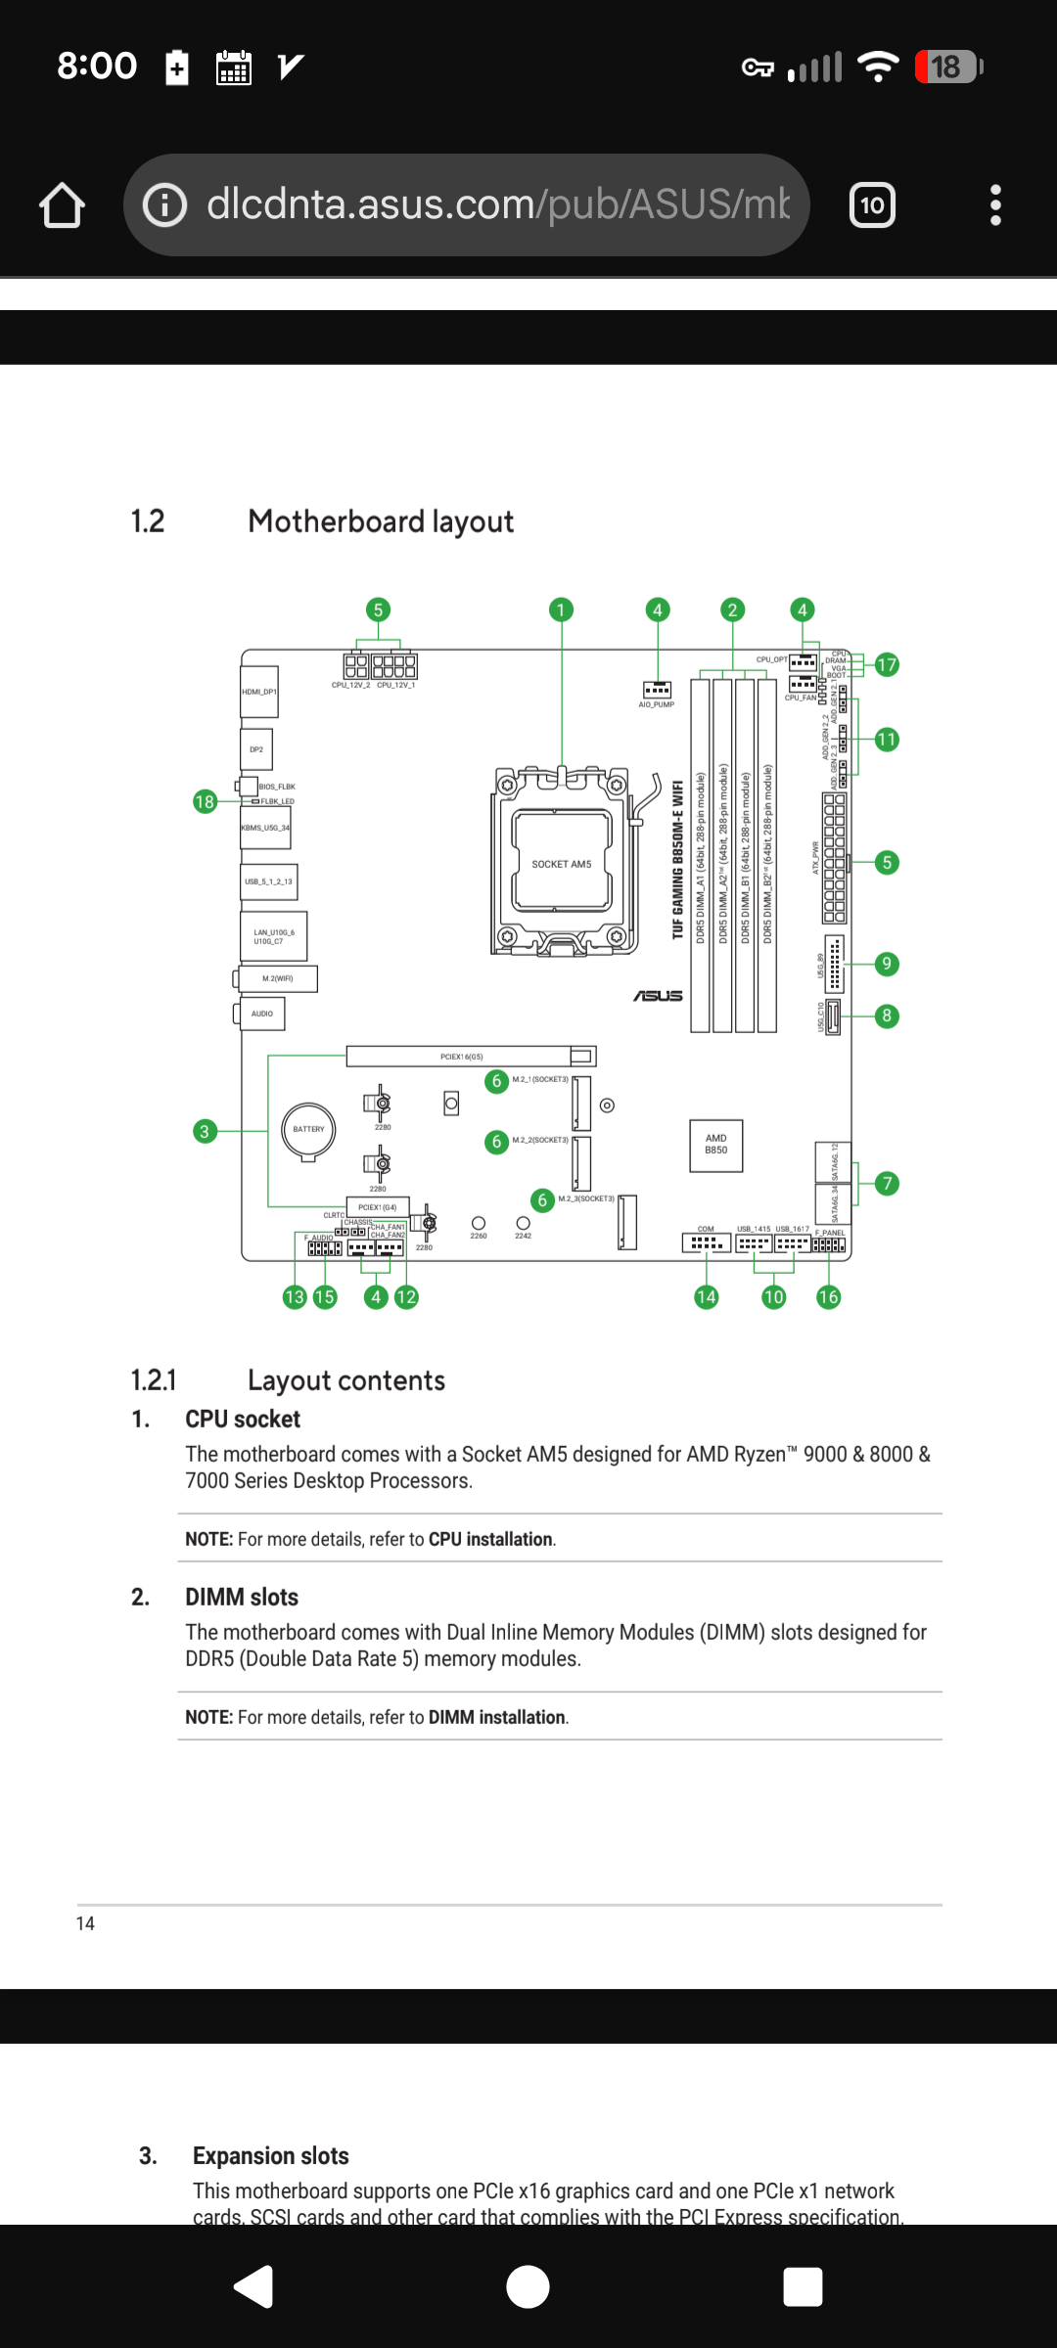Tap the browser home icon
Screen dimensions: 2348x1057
click(x=62, y=205)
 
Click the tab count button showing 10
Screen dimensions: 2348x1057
click(x=872, y=205)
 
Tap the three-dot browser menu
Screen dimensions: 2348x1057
click(x=995, y=205)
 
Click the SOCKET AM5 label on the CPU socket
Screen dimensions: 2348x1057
click(x=562, y=864)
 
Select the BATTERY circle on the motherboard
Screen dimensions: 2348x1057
click(x=308, y=1129)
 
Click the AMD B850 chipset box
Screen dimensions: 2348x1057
click(x=716, y=1145)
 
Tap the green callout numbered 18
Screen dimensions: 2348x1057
click(x=205, y=802)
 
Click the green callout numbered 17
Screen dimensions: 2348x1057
click(x=887, y=665)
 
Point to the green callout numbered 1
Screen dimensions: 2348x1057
click(x=561, y=610)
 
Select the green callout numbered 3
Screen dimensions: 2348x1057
click(x=205, y=1131)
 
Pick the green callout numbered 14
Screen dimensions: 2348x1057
click(x=706, y=1297)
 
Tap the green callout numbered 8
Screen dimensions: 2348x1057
click(x=887, y=1016)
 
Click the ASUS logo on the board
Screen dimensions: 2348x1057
click(x=658, y=996)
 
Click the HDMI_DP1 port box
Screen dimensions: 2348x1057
click(x=259, y=692)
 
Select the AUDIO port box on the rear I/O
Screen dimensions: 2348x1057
click(x=262, y=1014)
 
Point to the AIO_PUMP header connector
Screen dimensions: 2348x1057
click(x=657, y=690)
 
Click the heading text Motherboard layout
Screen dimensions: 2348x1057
click(x=381, y=521)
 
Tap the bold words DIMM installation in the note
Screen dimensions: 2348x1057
click(x=497, y=1717)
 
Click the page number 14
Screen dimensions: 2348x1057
click(x=86, y=1923)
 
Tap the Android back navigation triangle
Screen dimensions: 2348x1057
click(x=253, y=2286)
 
